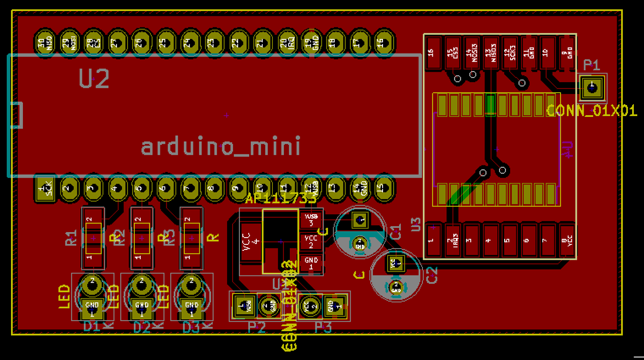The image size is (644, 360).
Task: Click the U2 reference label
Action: click(95, 79)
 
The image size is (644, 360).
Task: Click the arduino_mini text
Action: click(221, 147)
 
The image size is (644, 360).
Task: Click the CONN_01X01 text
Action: click(591, 111)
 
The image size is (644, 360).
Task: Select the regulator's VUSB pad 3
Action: click(311, 220)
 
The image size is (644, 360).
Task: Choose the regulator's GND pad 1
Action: click(311, 264)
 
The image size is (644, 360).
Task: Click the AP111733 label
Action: click(281, 199)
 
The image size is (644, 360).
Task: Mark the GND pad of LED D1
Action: click(92, 308)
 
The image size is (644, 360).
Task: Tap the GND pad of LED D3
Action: click(192, 308)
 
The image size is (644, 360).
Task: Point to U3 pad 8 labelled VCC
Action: click(567, 240)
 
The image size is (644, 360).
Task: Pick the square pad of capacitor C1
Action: click(360, 221)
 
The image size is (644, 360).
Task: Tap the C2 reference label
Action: click(431, 274)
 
